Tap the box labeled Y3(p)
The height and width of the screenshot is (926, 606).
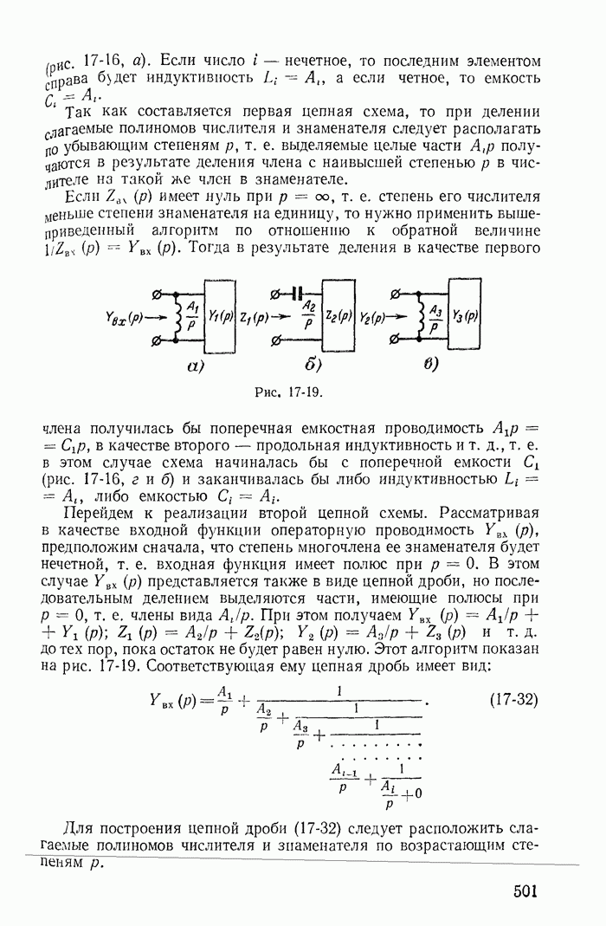pos(464,316)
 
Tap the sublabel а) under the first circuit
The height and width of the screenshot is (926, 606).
pos(195,364)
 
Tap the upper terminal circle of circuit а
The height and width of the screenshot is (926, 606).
pos(156,292)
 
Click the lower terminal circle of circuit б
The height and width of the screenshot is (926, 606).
pos(275,342)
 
